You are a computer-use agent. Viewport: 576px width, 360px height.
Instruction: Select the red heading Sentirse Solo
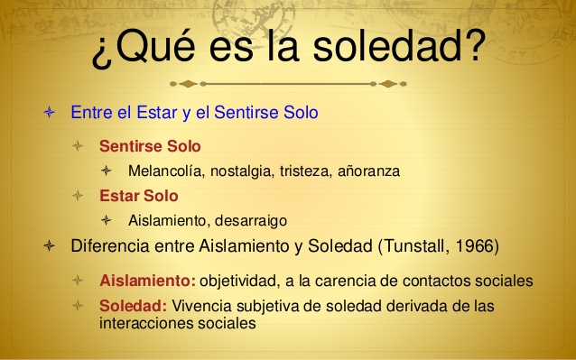(x=150, y=145)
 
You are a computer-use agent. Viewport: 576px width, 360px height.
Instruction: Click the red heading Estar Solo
(x=138, y=195)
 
